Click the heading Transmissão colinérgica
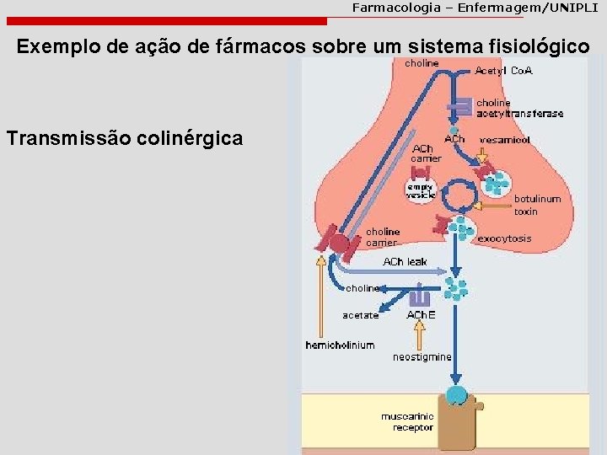coord(125,137)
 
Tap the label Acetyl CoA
coord(503,71)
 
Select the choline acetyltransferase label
coord(519,109)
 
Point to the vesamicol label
coord(505,140)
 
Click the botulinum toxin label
coord(537,205)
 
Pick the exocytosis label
coord(504,238)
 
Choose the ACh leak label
coord(405,262)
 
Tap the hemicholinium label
coord(340,345)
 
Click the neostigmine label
coord(422,356)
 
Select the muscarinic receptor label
coord(407,422)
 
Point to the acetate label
coord(360,316)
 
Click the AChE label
coord(421,315)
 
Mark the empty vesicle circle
coord(420,190)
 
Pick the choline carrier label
coord(383,238)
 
